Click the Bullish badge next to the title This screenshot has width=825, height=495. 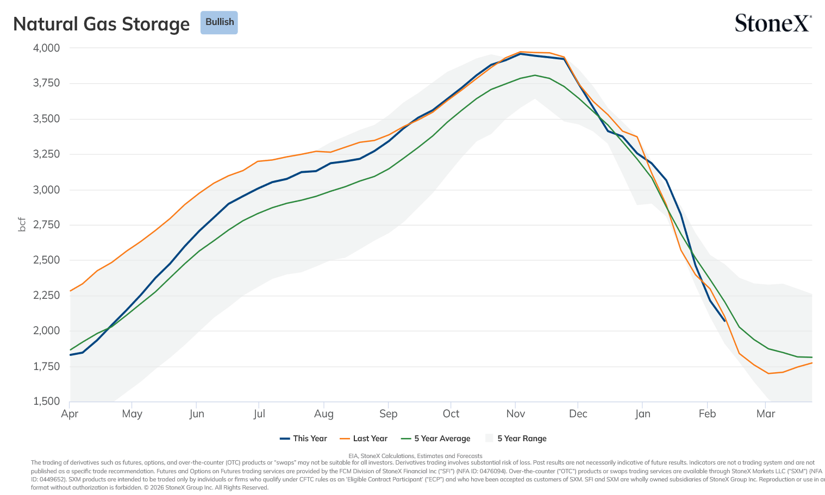[219, 22]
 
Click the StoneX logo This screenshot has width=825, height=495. [773, 23]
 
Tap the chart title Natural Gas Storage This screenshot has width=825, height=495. [101, 24]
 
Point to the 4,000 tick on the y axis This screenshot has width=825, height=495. [46, 48]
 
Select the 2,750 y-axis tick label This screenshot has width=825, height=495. [46, 224]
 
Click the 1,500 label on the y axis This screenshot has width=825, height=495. [46, 401]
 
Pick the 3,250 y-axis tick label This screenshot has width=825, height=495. [46, 154]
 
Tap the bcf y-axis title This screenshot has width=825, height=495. [22, 224]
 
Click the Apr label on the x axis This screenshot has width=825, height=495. [70, 414]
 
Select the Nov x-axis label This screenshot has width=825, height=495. [515, 413]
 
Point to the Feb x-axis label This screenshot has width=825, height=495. [707, 413]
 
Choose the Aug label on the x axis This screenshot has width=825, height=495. [324, 414]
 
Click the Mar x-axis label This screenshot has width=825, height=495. [766, 413]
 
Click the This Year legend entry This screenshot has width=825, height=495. [303, 438]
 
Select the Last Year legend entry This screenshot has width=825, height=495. [364, 438]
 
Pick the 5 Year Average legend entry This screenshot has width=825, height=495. [436, 438]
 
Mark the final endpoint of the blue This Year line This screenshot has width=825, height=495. [725, 321]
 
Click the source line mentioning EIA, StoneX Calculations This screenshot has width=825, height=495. [415, 456]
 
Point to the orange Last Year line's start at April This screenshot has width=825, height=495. [70, 291]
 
